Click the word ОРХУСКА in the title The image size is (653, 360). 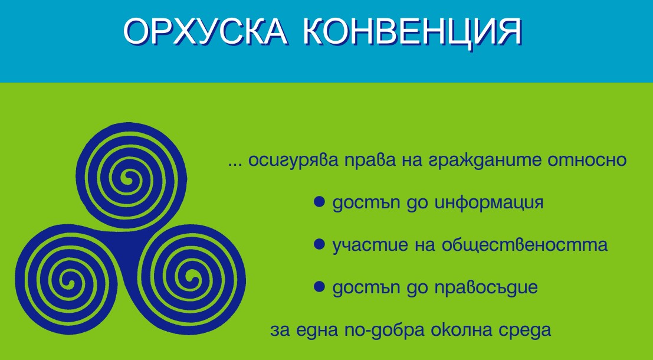click(205, 32)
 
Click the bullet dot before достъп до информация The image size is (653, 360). click(319, 202)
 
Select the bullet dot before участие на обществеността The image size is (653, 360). click(319, 244)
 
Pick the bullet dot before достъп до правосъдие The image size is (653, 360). click(319, 287)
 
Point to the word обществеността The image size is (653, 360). click(524, 245)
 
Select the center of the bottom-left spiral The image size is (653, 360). click(67, 280)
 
